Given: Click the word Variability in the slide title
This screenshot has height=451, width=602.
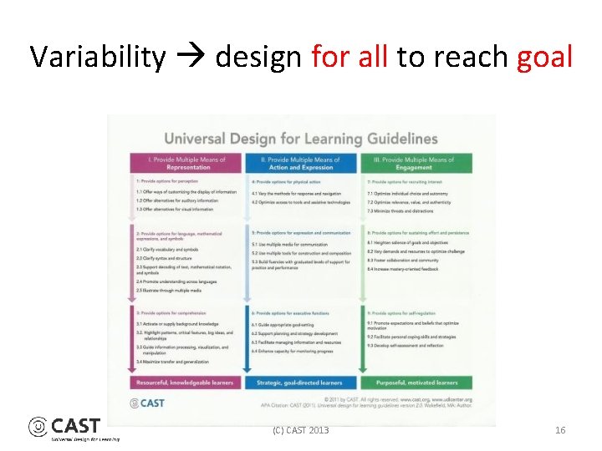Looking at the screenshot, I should point(98,58).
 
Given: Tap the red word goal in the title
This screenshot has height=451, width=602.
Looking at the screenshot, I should point(545,58).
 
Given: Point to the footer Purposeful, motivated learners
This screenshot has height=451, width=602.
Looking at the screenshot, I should point(414,383).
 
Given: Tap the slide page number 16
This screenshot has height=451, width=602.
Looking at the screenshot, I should point(560,430).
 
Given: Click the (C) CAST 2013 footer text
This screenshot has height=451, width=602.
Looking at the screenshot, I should point(301,430).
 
